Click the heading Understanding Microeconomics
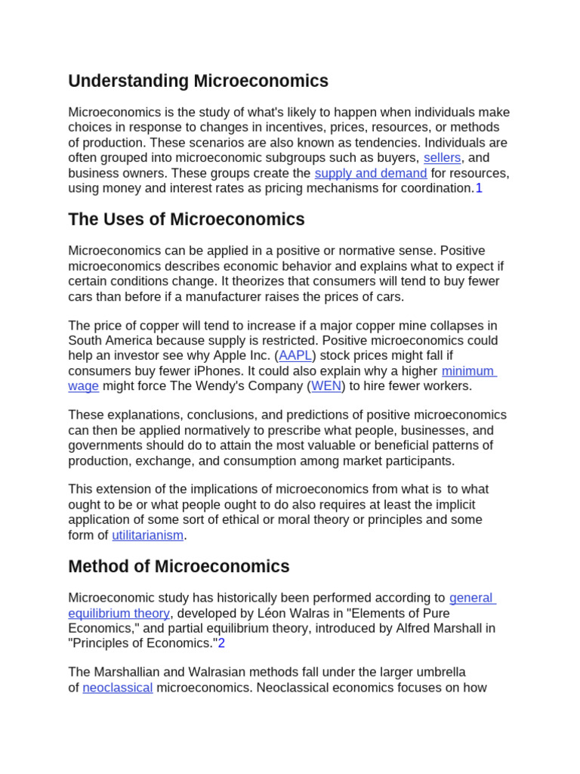[x=198, y=81]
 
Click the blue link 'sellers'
[x=442, y=158]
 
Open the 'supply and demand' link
[x=370, y=173]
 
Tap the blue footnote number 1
[x=479, y=188]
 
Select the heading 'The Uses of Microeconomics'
[x=187, y=220]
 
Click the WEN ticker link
[x=326, y=386]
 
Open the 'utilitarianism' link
[x=148, y=535]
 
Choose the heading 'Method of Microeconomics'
[x=179, y=567]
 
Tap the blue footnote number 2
[x=222, y=643]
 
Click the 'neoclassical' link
[x=118, y=688]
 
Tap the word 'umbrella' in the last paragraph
[x=440, y=672]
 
